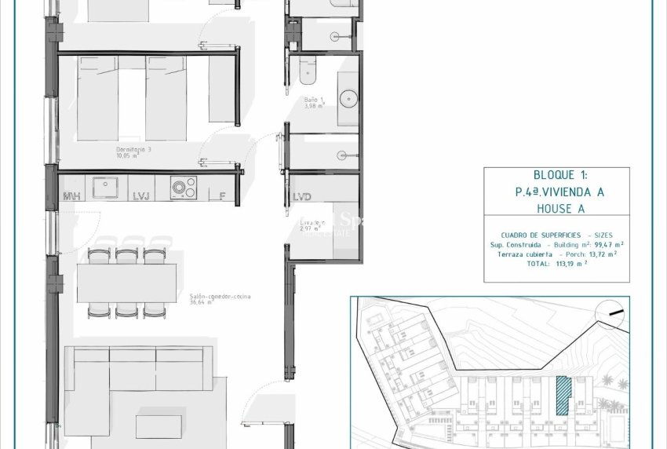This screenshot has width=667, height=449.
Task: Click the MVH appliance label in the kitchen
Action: (x=72, y=196)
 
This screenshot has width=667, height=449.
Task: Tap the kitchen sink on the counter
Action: (x=104, y=187)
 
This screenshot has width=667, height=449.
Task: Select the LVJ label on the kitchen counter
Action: (x=141, y=196)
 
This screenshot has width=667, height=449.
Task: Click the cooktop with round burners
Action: (x=184, y=188)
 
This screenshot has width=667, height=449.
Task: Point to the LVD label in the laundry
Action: (x=302, y=196)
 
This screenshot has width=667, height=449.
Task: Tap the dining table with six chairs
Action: (x=126, y=283)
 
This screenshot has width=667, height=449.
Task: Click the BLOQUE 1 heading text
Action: (x=556, y=176)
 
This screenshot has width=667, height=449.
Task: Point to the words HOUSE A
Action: (x=556, y=208)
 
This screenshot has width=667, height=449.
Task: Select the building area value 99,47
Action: (x=602, y=245)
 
